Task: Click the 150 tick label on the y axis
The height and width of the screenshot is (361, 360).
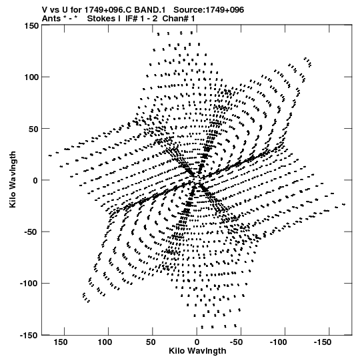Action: tap(31, 25)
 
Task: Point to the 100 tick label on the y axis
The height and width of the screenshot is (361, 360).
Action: tap(31, 77)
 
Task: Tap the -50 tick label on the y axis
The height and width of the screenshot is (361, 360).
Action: tap(31, 232)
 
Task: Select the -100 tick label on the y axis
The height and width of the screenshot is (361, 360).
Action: tap(29, 284)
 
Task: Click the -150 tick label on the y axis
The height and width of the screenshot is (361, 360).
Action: tap(29, 336)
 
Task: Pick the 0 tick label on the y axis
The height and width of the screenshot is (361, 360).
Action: tap(35, 180)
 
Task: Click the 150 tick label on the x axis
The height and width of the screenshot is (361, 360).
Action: tap(61, 342)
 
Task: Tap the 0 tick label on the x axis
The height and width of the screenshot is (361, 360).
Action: tap(197, 342)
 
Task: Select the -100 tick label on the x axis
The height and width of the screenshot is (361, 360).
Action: tap(279, 342)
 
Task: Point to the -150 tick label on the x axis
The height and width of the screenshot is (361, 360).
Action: tap(323, 342)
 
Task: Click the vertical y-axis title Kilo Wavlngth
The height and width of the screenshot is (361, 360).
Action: tap(13, 179)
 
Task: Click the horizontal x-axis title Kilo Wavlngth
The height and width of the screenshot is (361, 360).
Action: tap(197, 351)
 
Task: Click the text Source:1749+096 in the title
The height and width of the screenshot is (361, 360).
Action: tap(209, 10)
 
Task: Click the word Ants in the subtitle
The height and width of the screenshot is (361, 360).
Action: tap(51, 19)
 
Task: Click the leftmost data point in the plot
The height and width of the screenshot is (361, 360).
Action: tap(50, 155)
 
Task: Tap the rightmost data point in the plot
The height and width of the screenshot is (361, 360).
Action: tap(344, 204)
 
